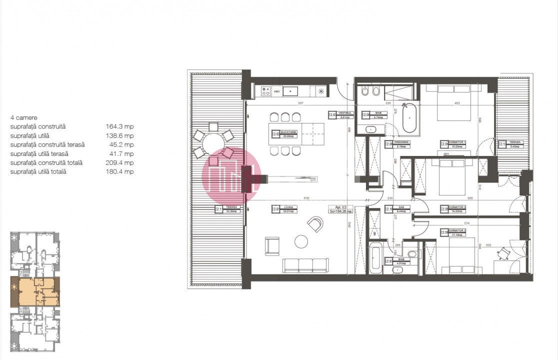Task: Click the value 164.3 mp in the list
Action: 119,126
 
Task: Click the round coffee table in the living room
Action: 301,241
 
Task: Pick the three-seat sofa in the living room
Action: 305,265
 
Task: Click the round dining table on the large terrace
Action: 213,142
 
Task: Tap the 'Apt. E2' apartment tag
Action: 340,209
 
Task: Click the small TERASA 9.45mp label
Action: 510,144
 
